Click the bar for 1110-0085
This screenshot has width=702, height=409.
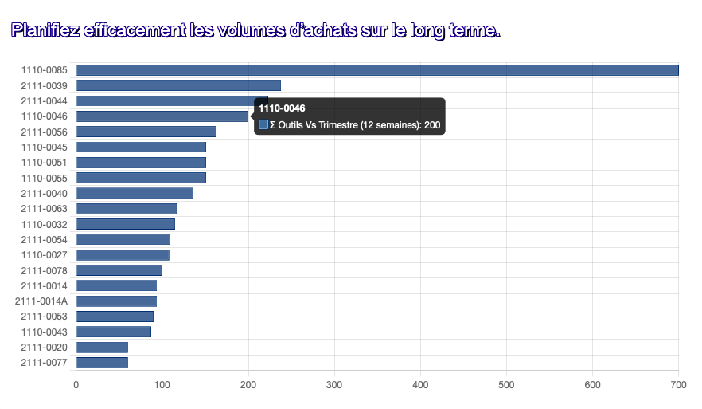pyautogui.click(x=377, y=70)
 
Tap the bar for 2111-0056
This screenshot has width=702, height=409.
pyautogui.click(x=146, y=132)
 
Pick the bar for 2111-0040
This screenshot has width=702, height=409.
pyautogui.click(x=135, y=193)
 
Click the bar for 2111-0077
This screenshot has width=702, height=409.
pyautogui.click(x=102, y=363)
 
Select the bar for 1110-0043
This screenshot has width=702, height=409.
pyautogui.click(x=114, y=332)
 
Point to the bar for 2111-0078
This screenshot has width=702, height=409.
pyautogui.click(x=119, y=270)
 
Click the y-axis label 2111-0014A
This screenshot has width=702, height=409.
pyautogui.click(x=41, y=301)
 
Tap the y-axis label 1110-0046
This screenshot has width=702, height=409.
pyautogui.click(x=44, y=116)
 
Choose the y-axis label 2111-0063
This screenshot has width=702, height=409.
pyautogui.click(x=44, y=209)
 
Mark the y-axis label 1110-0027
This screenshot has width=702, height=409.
pyautogui.click(x=44, y=255)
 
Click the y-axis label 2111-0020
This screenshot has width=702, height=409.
pyautogui.click(x=44, y=348)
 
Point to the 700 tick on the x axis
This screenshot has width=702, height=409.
pyautogui.click(x=678, y=385)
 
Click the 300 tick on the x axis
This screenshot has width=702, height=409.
pyautogui.click(x=334, y=385)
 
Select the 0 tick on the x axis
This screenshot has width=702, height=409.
pyautogui.click(x=76, y=385)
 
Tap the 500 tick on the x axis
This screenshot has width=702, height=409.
pyautogui.click(x=506, y=385)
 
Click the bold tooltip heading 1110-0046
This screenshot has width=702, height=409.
pyautogui.click(x=283, y=108)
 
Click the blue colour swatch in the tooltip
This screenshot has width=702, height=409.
pyautogui.click(x=263, y=124)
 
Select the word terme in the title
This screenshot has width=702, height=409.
pyautogui.click(x=475, y=31)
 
